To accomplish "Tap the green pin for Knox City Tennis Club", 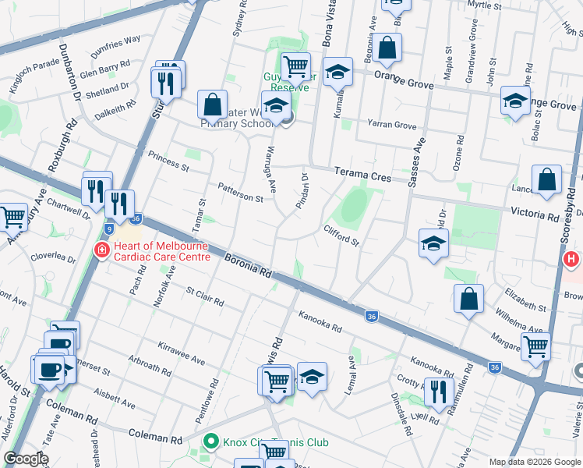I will (x=210, y=442).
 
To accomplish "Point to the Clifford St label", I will (x=341, y=235).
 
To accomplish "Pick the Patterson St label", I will (x=240, y=193).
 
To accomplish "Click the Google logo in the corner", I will (x=26, y=459).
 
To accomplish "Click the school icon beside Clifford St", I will (x=433, y=243).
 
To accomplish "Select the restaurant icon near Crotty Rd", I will (x=439, y=391).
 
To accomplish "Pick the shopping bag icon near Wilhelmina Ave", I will (x=468, y=299).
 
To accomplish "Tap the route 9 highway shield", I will (x=110, y=229).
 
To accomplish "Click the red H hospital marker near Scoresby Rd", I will (x=572, y=259).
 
